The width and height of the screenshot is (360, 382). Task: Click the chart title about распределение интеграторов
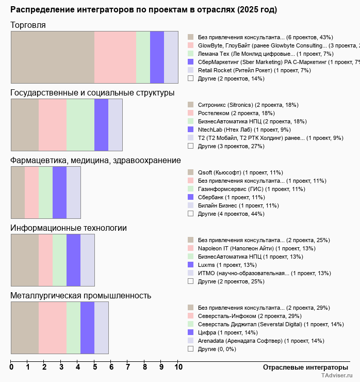pyautogui.click(x=143, y=10)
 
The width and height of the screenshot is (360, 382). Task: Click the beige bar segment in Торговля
pyautogui.click(x=53, y=57)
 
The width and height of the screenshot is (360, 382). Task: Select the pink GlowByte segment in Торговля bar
pyautogui.click(x=115, y=57)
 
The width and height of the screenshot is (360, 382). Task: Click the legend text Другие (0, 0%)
pyautogui.click(x=217, y=349)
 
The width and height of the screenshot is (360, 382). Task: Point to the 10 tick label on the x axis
pyautogui.click(x=178, y=368)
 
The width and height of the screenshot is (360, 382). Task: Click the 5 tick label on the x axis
pyautogui.click(x=94, y=368)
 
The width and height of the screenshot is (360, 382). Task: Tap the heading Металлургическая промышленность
pyautogui.click(x=81, y=295)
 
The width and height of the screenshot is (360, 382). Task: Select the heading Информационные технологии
pyautogui.click(x=69, y=228)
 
